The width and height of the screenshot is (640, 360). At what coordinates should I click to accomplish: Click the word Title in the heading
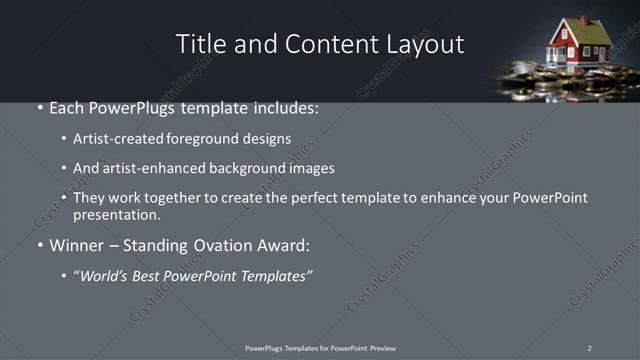point(199,44)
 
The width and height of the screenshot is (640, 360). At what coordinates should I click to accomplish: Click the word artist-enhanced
point(145,169)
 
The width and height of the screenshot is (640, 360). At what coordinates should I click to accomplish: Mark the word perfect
point(301,199)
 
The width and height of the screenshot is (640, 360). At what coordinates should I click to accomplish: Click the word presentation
point(114,215)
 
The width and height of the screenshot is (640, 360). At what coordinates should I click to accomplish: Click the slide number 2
point(590,347)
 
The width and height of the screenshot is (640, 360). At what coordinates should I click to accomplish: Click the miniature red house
point(578,45)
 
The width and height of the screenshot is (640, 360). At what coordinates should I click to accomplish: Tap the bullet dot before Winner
point(39,245)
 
